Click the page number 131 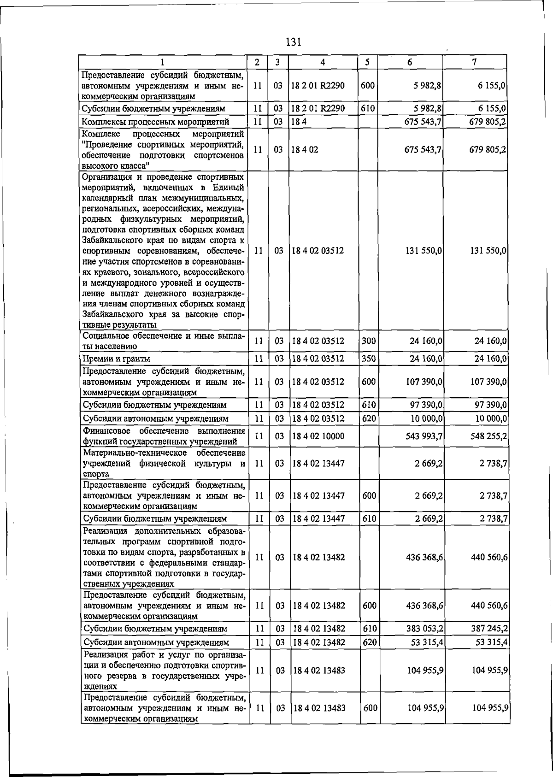click(x=293, y=42)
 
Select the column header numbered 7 click(x=474, y=62)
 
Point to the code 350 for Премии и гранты click(x=369, y=358)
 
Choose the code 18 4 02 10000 click(x=318, y=436)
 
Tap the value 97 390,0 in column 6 click(x=427, y=405)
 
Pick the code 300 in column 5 click(x=369, y=341)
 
